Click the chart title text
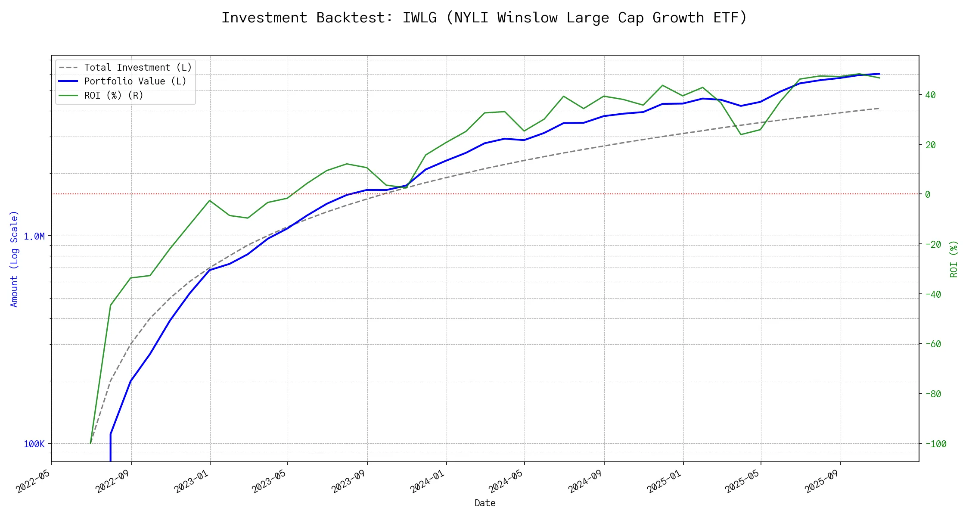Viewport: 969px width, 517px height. [x=484, y=18]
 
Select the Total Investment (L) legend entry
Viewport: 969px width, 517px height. [x=138, y=68]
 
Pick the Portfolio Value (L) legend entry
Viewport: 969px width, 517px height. [x=135, y=81]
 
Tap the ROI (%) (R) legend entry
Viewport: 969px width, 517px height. [x=114, y=95]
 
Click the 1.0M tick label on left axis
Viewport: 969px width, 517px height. [x=34, y=237]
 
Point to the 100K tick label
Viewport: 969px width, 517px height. [x=34, y=444]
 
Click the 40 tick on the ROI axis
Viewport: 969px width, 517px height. [x=930, y=95]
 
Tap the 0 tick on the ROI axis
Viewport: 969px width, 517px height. [x=928, y=195]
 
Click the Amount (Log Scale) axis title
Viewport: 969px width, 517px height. [x=14, y=259]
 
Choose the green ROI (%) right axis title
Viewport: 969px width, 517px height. [x=954, y=259]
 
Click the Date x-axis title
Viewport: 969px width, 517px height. [x=485, y=503]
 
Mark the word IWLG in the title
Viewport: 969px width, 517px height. [x=419, y=18]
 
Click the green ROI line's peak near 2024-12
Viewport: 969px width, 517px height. [x=662, y=85]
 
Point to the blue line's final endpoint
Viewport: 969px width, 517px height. [x=879, y=74]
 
